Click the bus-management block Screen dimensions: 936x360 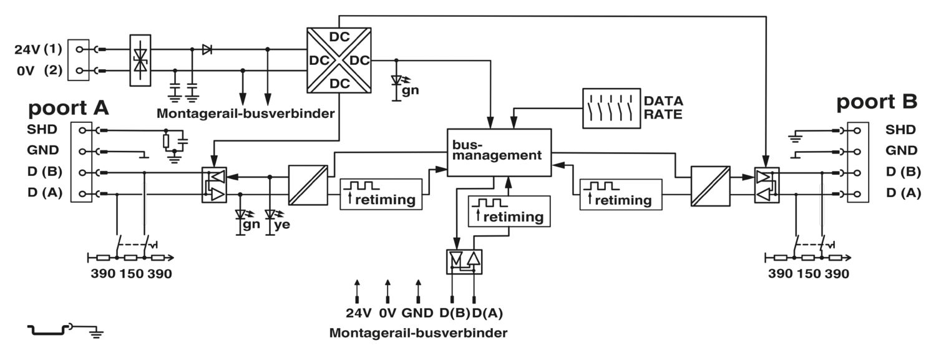point(499,152)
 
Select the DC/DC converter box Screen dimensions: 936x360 point(339,60)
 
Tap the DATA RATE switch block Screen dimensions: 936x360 point(612,108)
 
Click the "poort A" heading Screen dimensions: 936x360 point(68,108)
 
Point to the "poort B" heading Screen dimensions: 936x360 point(877,102)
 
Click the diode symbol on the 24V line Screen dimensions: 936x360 point(207,49)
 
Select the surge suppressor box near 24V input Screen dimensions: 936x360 point(140,60)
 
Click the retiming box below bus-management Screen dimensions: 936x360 point(509,212)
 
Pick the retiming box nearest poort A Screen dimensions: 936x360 point(381,194)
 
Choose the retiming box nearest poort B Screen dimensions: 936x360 point(621,194)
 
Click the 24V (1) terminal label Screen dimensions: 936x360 point(39,49)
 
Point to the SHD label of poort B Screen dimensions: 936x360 point(900,130)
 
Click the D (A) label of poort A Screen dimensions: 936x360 point(45,193)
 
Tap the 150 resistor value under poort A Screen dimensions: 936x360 point(131,273)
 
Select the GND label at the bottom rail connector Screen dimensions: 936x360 point(417,313)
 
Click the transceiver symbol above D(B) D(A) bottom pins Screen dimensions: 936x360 point(464,262)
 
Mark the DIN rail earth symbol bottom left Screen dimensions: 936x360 point(66,330)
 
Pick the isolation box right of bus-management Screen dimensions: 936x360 point(710,186)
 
